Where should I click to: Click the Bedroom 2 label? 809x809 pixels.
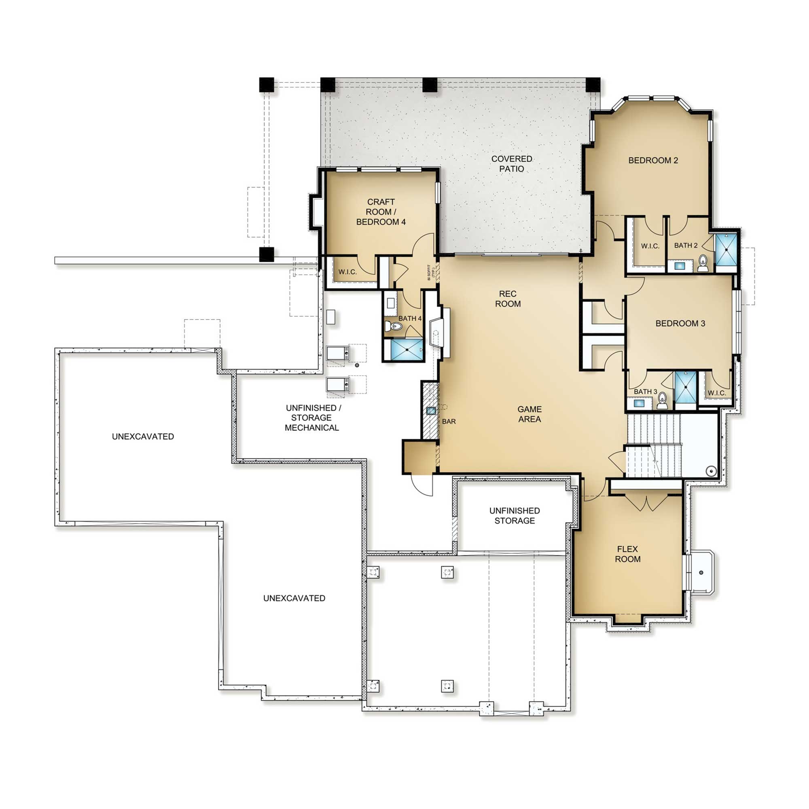point(653,160)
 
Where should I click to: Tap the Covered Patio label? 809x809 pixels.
point(512,164)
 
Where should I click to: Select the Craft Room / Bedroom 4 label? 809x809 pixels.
point(381,212)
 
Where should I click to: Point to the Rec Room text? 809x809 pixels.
point(508,299)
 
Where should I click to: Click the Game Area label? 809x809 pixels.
point(530,414)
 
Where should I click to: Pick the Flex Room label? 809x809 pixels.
point(628,554)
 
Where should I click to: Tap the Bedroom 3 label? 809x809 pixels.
point(680,323)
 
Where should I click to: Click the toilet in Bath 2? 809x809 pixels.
point(703,263)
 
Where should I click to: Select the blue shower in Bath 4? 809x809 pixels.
point(407,349)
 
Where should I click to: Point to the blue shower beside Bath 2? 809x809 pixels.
point(726,250)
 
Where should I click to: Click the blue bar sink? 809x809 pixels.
point(431,411)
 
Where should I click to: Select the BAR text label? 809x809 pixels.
point(449,421)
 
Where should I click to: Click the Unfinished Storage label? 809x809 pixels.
point(515,515)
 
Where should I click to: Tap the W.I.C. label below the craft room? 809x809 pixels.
point(347,272)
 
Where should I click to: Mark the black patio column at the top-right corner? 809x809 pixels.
point(593,85)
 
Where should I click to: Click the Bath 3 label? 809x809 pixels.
point(645,392)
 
